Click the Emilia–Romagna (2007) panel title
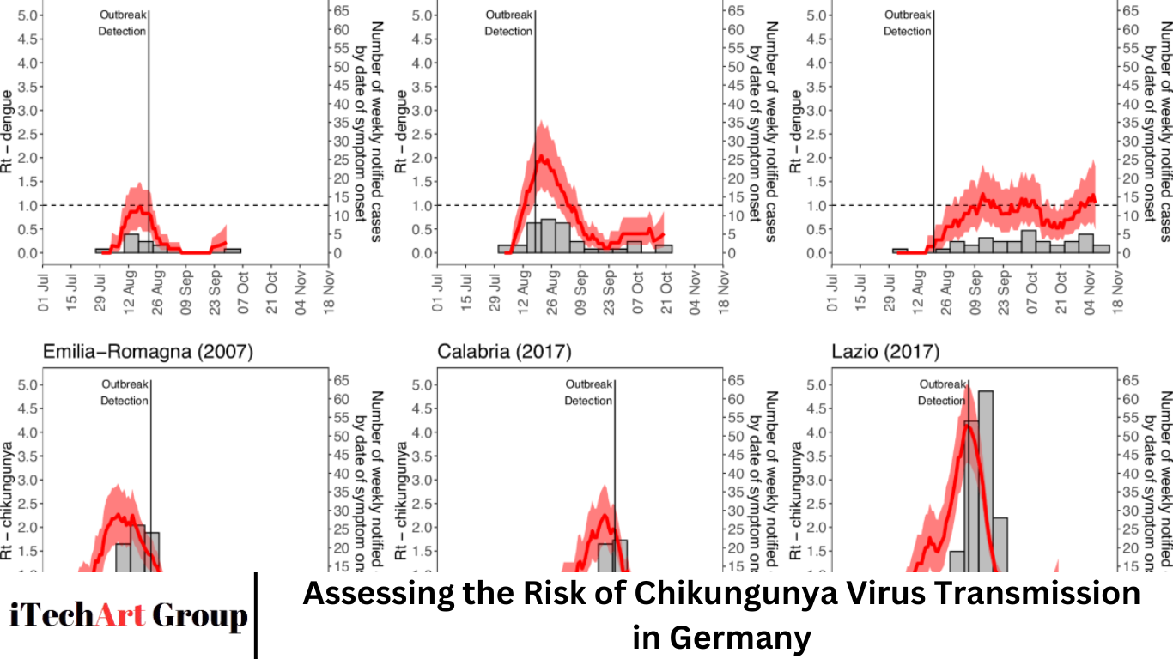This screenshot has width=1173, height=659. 148,352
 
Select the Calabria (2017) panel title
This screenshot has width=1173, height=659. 504,352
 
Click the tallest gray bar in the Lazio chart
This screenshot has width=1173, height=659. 985,481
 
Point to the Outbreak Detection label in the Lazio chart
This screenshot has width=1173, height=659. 942,392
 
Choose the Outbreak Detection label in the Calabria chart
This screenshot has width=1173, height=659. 588,392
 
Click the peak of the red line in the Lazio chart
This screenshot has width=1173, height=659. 969,426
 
